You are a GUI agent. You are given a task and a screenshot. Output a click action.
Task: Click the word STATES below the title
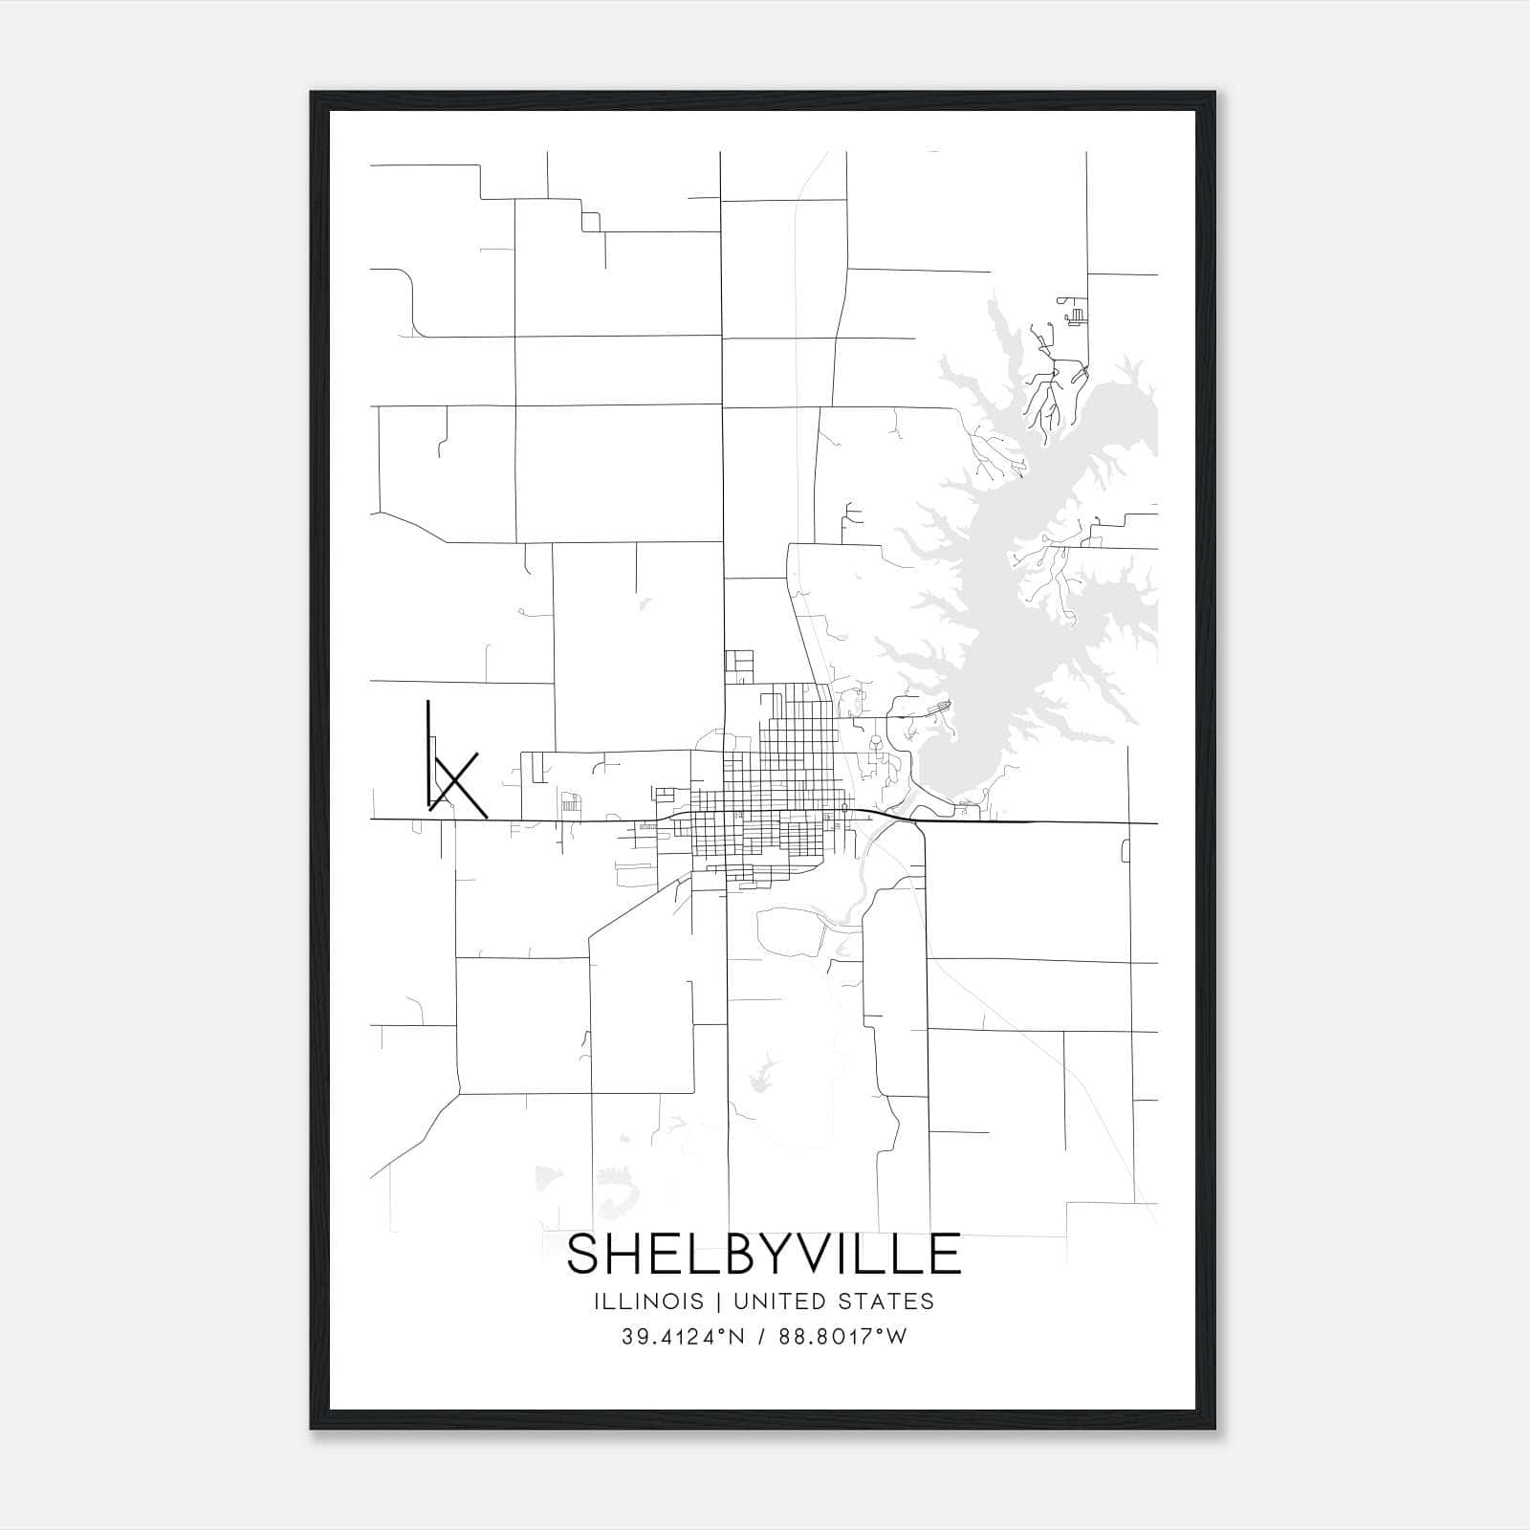[x=887, y=1301]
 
